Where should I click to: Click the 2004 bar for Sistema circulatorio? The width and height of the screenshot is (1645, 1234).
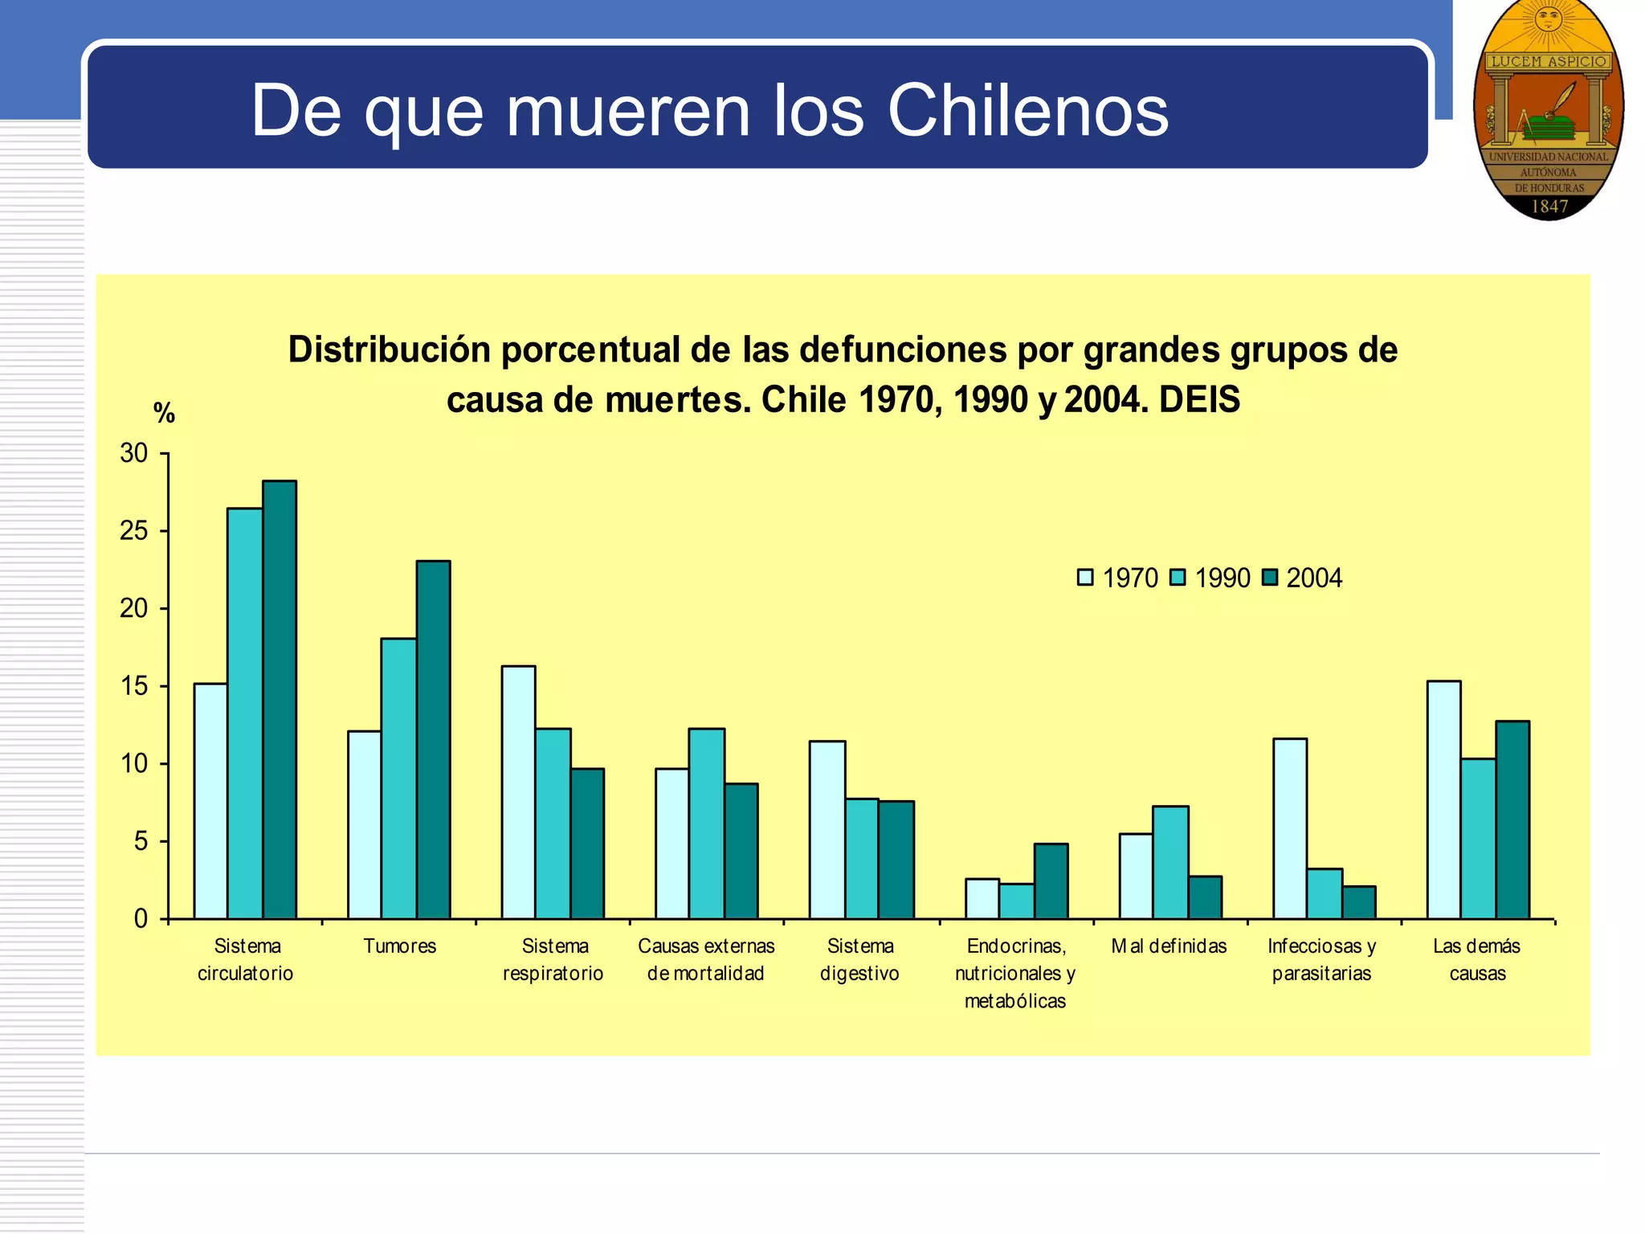coord(280,699)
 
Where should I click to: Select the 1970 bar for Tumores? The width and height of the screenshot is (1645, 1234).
coord(365,824)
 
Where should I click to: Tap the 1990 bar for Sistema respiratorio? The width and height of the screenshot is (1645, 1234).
coord(553,823)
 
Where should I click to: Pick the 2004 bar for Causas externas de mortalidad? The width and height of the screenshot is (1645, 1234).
coord(741,851)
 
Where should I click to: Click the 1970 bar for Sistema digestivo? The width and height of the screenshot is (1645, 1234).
coord(827,829)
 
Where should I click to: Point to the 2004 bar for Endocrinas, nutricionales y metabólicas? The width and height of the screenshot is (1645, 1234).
coord(1051,881)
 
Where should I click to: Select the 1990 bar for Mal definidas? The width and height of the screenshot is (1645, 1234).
coord(1170,862)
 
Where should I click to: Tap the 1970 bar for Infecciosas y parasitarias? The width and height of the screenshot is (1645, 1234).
coord(1290,828)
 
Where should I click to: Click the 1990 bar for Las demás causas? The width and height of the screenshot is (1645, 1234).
coord(1478,838)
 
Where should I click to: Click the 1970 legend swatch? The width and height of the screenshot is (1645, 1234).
coord(1085,578)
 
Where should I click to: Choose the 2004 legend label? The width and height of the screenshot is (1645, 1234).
coord(1314,578)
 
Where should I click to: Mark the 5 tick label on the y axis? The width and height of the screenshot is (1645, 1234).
coord(141,841)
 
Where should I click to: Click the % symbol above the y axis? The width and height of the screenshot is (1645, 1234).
coord(164,413)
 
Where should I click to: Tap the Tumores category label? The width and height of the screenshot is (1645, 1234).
coord(399,946)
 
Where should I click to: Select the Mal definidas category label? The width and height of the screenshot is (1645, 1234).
coord(1169,946)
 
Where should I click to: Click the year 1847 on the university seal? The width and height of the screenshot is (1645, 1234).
coord(1549,206)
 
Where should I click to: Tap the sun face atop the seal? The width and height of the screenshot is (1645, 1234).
coord(1548,17)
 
